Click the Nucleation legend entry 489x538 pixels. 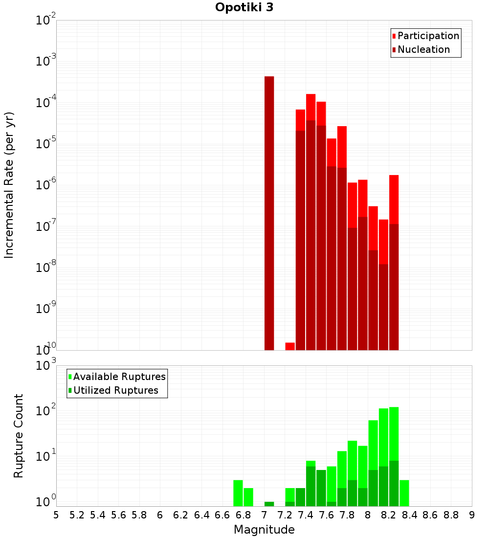[423, 49]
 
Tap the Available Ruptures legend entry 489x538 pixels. [119, 377]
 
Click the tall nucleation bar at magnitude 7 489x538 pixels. [269, 213]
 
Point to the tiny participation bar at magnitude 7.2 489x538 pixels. [290, 346]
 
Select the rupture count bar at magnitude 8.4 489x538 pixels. [404, 493]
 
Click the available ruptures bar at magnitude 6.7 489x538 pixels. [238, 493]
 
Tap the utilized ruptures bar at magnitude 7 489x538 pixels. [269, 504]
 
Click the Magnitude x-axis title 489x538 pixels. [264, 530]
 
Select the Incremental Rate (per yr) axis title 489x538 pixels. [9, 185]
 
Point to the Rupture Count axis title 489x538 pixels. [19, 436]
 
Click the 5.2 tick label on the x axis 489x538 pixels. [77, 515]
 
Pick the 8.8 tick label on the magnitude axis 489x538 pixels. [451, 515]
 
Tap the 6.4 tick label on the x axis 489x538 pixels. [201, 515]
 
